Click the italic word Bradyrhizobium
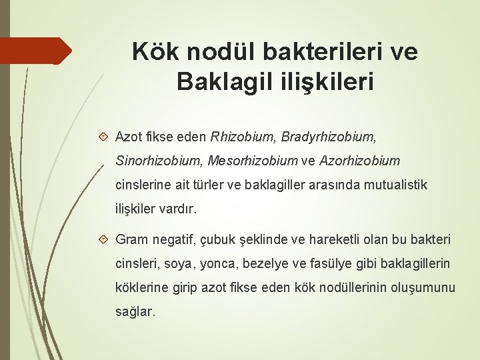pyautogui.click(x=328, y=138)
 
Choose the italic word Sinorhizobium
pyautogui.click(x=159, y=161)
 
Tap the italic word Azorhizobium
pyautogui.click(x=361, y=161)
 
